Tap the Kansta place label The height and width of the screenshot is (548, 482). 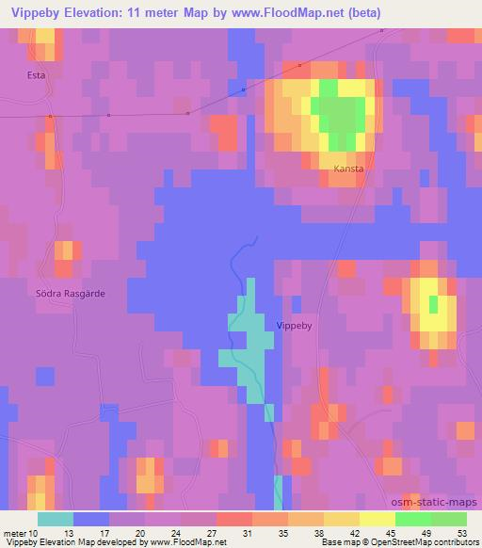pos(347,169)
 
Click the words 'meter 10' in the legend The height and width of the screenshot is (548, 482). pos(22,532)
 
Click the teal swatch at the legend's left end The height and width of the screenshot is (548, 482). pos(56,519)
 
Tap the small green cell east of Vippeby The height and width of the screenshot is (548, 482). pos(433,305)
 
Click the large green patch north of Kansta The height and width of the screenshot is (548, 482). pos(341,114)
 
